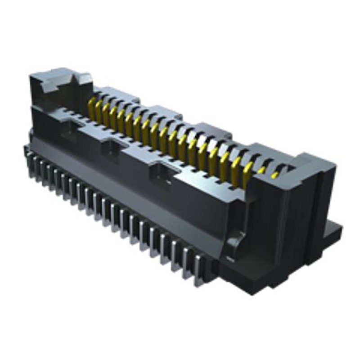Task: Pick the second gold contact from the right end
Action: point(261,171)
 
